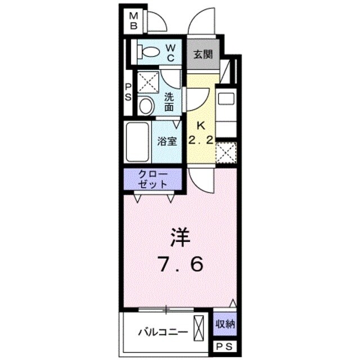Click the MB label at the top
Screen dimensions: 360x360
tap(134, 21)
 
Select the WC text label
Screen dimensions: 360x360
tap(172, 52)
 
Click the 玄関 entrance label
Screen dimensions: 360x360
tap(202, 55)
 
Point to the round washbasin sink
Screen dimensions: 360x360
tap(146, 105)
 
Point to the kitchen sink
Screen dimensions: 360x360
tap(226, 99)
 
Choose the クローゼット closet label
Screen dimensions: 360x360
tap(153, 179)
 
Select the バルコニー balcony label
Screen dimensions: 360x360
tap(163, 331)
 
